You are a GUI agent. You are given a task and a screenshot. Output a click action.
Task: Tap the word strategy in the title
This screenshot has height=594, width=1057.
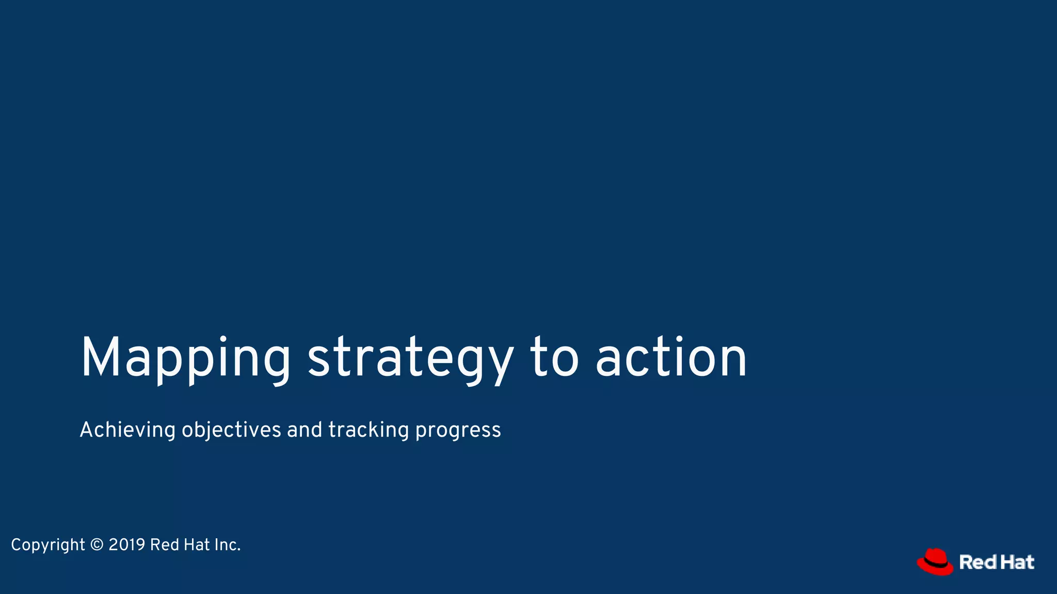pos(410,359)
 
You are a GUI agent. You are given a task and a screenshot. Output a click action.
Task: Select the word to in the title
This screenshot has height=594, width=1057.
pos(554,358)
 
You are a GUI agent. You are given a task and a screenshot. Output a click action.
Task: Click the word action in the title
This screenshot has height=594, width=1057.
pos(671,358)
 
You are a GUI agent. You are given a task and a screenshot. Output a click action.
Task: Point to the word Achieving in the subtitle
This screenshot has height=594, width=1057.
pos(127,430)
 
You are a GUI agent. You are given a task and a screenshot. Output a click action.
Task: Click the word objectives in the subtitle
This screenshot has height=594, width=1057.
pos(231,430)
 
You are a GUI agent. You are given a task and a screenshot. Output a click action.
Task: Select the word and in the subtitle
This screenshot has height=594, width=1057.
pos(305,430)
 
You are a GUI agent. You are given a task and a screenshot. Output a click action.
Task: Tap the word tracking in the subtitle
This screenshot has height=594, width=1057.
pos(369,430)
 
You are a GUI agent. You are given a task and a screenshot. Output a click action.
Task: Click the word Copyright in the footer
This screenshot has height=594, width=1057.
pos(48,545)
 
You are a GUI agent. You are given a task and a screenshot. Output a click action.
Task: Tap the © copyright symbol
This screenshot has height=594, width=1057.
pos(97,544)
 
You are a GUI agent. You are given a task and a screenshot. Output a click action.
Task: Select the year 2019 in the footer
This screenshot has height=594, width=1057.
pos(127,544)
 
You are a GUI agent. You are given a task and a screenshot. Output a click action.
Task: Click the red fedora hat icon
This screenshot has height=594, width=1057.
pos(935,562)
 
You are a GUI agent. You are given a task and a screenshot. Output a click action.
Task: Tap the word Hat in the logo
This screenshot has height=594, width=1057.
pos(1017,562)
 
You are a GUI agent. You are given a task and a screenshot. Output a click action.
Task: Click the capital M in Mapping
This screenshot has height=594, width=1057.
pos(102,358)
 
